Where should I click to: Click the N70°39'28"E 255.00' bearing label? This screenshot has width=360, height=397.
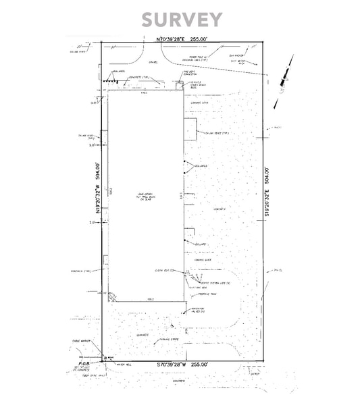pyautogui.click(x=179, y=40)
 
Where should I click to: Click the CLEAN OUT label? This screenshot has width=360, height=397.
pyautogui.click(x=164, y=270)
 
